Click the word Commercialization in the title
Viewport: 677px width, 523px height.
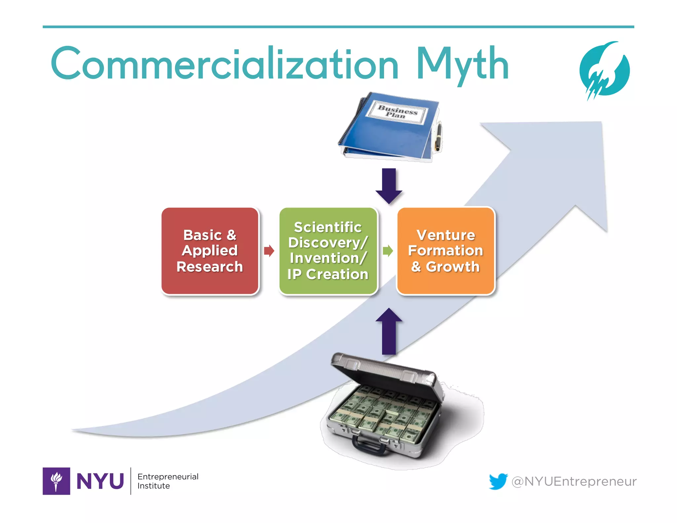point(225,64)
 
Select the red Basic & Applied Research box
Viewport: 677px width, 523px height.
point(210,251)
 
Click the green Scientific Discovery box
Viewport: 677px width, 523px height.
point(328,251)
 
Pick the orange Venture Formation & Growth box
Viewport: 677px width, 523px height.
point(446,251)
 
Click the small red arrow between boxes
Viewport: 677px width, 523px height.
point(269,251)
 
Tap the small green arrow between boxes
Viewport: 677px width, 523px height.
point(387,251)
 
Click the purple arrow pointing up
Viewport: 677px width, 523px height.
point(389,331)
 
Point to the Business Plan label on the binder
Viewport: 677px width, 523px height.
point(398,112)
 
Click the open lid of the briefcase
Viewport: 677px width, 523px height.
point(387,370)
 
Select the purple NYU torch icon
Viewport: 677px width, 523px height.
point(56,481)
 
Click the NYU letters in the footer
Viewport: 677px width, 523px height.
point(100,481)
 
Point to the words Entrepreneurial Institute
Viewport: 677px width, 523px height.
point(168,481)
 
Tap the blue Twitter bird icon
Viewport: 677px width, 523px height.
point(498,481)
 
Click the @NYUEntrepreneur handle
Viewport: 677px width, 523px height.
point(574,481)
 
